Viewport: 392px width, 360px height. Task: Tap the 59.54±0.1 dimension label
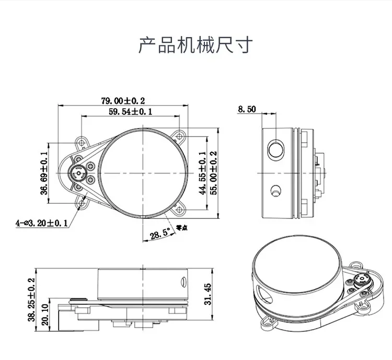point(130,111)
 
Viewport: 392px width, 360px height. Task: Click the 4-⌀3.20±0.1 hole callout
point(42,223)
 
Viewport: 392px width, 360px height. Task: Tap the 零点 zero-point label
point(182,228)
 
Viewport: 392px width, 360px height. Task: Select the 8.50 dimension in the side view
point(246,109)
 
